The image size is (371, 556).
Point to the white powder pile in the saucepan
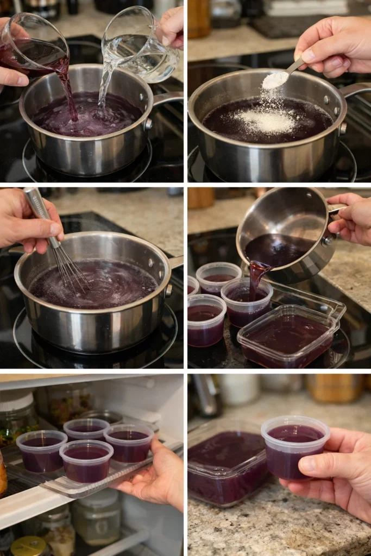(266, 121)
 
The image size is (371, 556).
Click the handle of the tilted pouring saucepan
(337, 208)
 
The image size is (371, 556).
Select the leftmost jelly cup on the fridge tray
(42, 450)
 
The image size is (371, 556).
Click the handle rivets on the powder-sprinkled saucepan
(343, 128)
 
